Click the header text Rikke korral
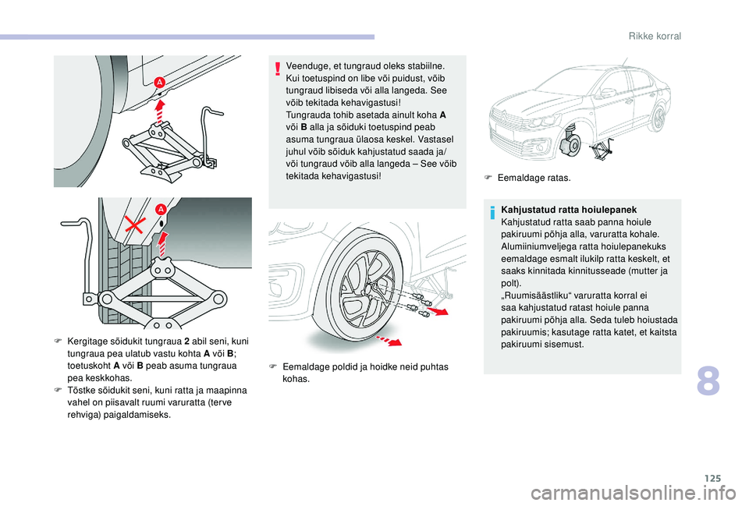tap(655, 37)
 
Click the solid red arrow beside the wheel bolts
tap(442, 311)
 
